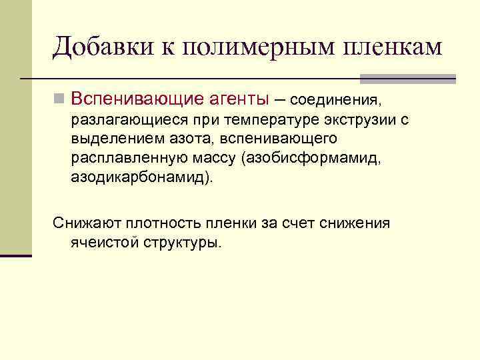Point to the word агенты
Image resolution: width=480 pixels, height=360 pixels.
click(x=233, y=100)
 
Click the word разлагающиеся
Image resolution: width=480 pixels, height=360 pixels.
click(x=128, y=120)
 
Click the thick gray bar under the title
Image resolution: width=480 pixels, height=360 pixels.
click(x=407, y=79)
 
